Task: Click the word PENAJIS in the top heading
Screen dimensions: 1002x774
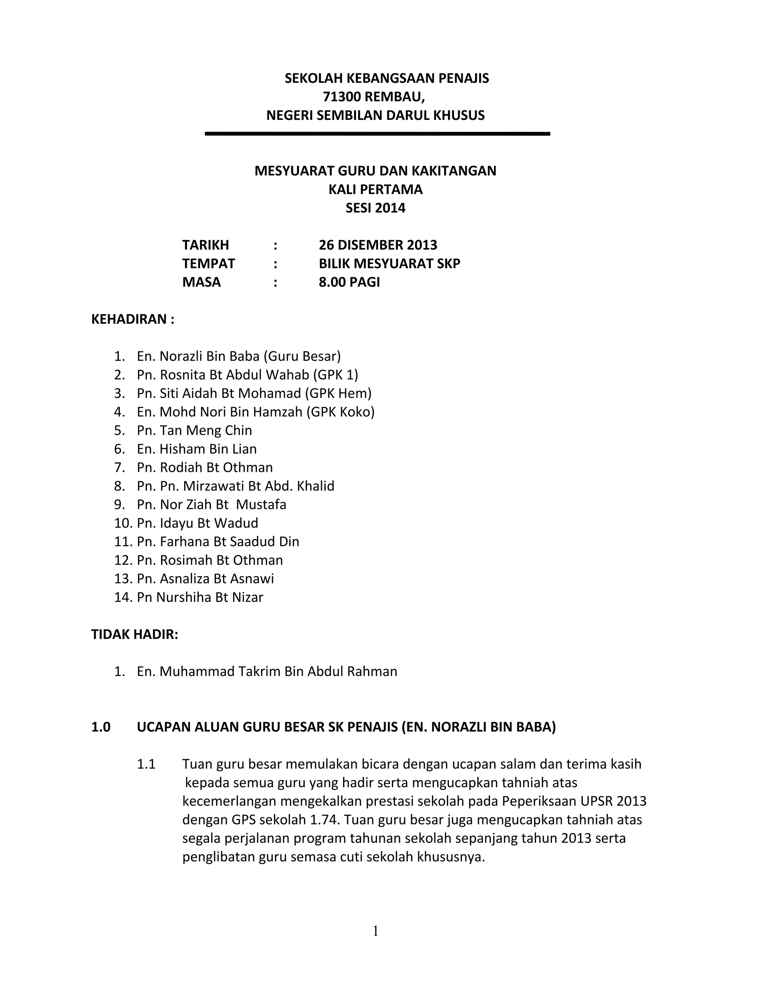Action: [464, 78]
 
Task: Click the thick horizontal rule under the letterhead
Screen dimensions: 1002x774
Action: [377, 134]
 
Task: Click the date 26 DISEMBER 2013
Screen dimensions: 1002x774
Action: [378, 245]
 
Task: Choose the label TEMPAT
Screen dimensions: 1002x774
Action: [208, 264]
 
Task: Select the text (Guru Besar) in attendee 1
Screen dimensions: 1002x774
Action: [302, 357]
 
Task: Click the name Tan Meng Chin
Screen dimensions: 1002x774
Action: [206, 430]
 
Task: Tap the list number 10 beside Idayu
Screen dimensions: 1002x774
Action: [123, 523]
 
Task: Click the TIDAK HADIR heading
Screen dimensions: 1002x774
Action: [134, 634]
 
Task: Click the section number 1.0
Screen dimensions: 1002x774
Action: [101, 727]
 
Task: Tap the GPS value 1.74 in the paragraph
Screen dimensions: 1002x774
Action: [324, 820]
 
